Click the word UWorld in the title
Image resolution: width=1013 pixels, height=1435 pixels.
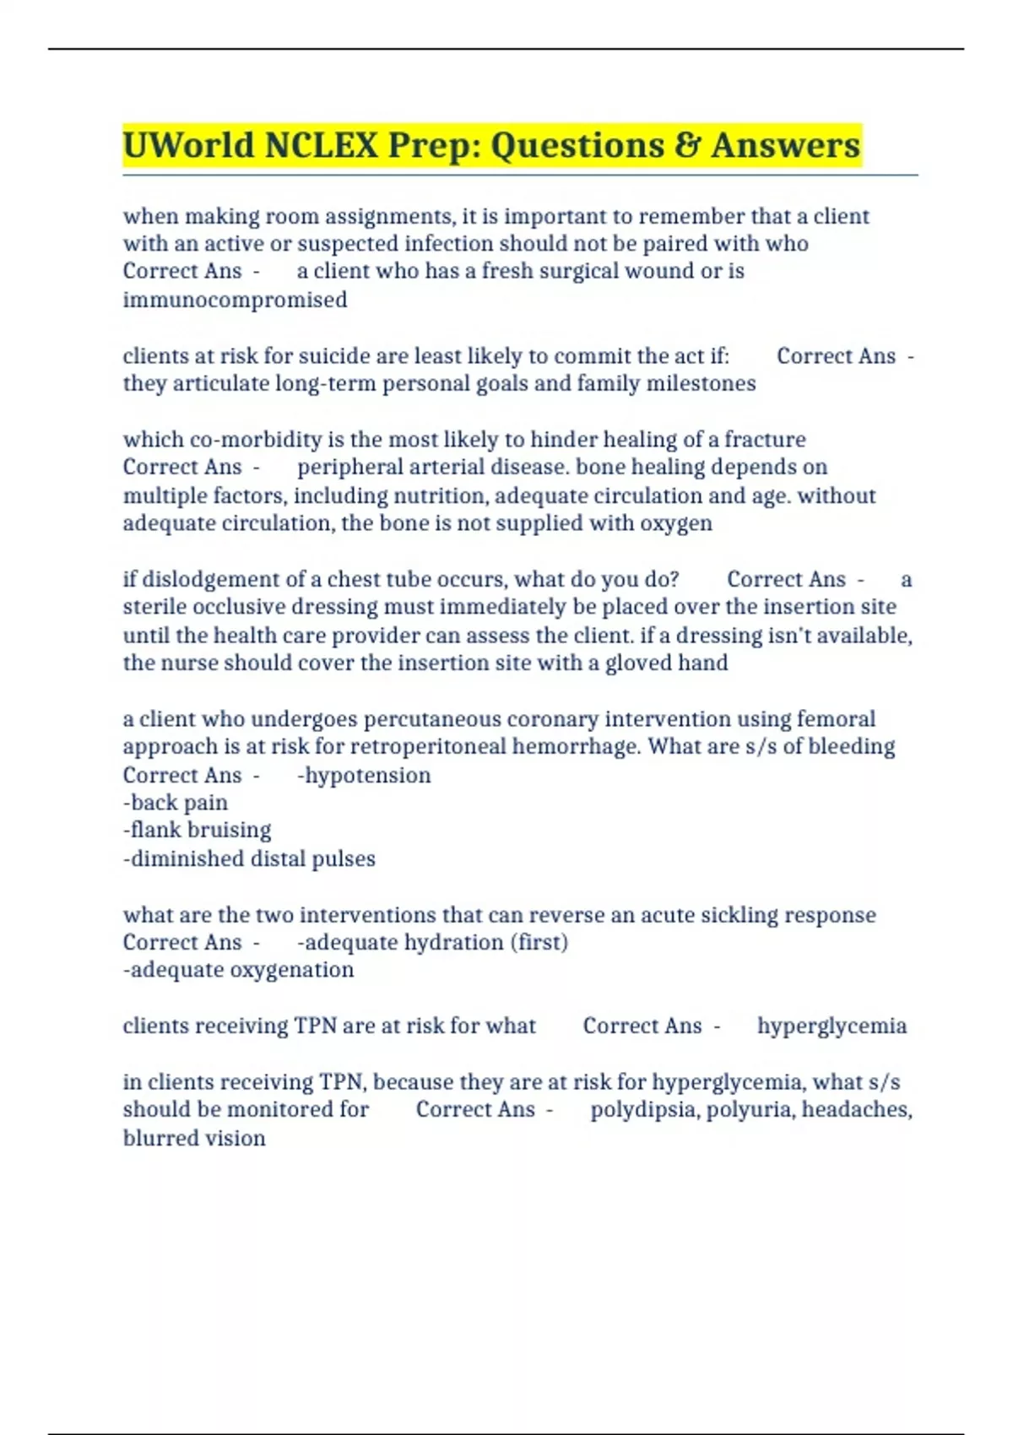coord(188,145)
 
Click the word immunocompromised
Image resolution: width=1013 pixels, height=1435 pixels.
coord(235,300)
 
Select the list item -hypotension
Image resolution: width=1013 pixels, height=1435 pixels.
coord(364,775)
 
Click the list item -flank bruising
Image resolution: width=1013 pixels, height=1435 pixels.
coord(197,830)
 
